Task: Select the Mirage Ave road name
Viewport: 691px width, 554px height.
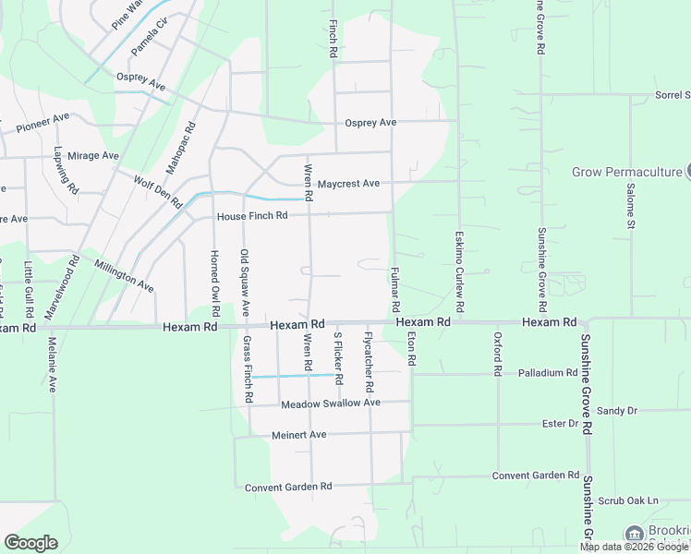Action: click(x=92, y=156)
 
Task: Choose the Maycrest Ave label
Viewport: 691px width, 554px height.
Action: click(x=348, y=184)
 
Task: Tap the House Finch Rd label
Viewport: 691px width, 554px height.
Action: click(x=252, y=216)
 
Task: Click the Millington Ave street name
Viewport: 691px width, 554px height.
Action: click(x=124, y=275)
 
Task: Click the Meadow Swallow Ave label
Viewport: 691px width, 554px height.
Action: click(x=331, y=403)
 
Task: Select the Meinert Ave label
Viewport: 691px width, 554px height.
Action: click(x=299, y=435)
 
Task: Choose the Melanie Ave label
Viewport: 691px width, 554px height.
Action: click(x=52, y=366)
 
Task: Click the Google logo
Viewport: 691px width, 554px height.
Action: click(x=30, y=542)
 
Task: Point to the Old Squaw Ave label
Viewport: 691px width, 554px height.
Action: click(x=245, y=283)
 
